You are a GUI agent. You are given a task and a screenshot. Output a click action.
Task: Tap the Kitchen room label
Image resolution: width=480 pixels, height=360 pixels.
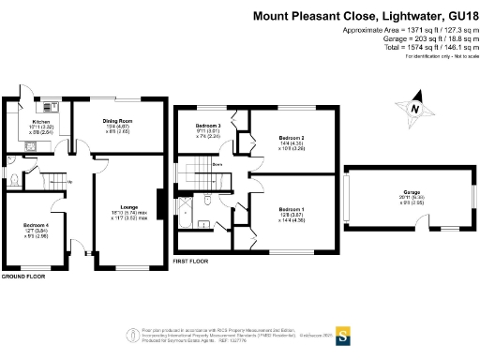pyautogui.click(x=41, y=122)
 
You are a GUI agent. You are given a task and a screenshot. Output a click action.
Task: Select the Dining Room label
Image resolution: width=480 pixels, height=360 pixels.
pyautogui.click(x=116, y=121)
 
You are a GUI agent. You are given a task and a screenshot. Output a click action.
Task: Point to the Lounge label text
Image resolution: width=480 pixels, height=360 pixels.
pyautogui.click(x=129, y=206)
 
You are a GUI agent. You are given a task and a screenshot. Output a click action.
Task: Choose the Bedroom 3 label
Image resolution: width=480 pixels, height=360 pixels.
pyautogui.click(x=208, y=126)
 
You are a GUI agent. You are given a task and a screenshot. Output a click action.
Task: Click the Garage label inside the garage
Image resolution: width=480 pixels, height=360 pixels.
pyautogui.click(x=405, y=192)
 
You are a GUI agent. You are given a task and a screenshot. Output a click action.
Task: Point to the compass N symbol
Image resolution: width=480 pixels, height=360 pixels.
pyautogui.click(x=411, y=109)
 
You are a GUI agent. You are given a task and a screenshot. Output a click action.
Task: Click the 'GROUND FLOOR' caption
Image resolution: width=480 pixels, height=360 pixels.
pyautogui.click(x=23, y=277)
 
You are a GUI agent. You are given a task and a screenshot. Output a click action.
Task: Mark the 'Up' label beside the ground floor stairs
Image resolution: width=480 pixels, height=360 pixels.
pyautogui.click(x=68, y=182)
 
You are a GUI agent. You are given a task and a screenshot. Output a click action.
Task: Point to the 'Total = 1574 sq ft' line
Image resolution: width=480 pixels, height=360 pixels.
pyautogui.click(x=416, y=49)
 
